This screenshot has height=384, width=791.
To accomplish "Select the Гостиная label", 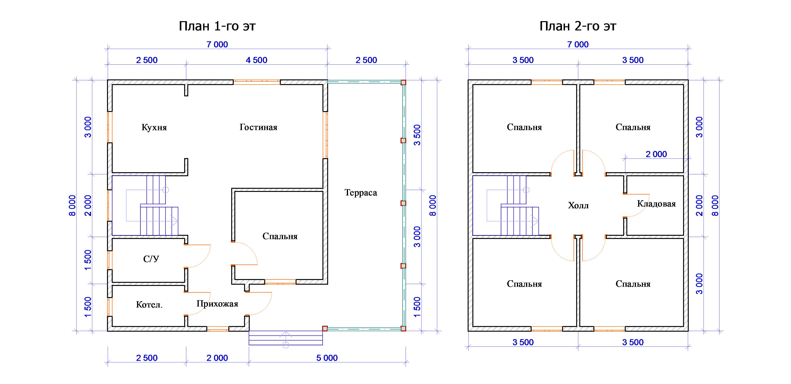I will (x=258, y=127).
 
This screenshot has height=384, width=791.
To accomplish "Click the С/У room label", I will (x=151, y=259).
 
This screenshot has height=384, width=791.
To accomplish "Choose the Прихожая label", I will (x=217, y=304).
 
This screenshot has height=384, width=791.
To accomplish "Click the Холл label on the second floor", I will (x=578, y=205).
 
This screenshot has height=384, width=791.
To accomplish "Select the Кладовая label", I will (x=656, y=204).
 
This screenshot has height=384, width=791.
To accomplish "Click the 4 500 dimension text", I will (x=256, y=60).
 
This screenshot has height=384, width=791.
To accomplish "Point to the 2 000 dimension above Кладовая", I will (x=656, y=154).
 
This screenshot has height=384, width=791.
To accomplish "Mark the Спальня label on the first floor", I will (x=280, y=236).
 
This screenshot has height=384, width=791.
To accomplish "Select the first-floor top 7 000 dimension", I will (x=217, y=44).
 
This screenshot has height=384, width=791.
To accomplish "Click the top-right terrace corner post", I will (x=403, y=82).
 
